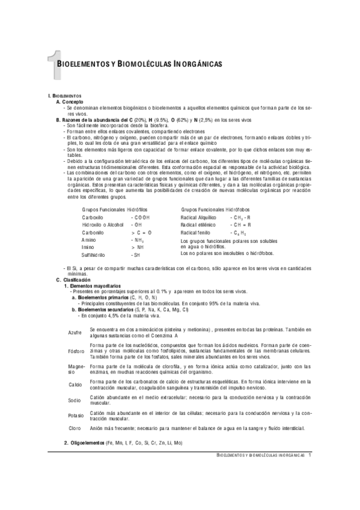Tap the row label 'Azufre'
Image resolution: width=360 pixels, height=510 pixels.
coord(75,332)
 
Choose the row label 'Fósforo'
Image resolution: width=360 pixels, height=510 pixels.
coord(76,351)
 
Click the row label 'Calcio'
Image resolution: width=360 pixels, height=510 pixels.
coord(75,384)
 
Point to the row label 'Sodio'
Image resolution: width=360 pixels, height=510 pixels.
coord(75,399)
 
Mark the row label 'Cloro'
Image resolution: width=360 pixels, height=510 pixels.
coord(75,428)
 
